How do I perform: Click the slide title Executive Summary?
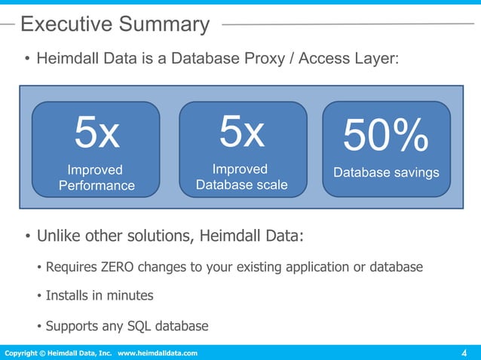tap(115, 24)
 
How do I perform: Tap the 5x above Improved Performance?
tap(97, 134)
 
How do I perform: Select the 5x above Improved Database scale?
tap(242, 133)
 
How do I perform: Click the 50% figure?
tap(386, 138)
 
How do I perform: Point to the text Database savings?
tap(386, 172)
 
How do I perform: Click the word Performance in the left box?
tap(97, 185)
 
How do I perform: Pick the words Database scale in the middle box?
tap(241, 185)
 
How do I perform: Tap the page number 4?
tap(464, 353)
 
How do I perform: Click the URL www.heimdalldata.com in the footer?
tap(158, 353)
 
